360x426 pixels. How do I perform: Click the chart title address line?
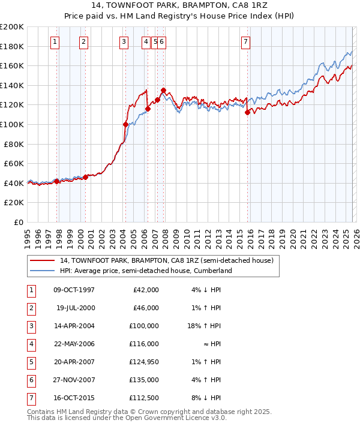click(180, 5)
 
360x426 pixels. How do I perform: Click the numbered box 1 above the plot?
click(55, 41)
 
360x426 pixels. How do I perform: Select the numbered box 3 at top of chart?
click(124, 41)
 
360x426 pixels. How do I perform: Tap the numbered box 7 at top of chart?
click(246, 41)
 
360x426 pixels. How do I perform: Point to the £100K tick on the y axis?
click(12, 124)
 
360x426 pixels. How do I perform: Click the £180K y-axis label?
click(12, 46)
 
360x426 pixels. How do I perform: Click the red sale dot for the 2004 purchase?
click(125, 124)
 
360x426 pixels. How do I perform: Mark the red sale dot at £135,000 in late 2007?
click(163, 90)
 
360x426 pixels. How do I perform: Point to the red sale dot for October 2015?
click(247, 112)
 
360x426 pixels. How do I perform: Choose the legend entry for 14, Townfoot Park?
click(166, 260)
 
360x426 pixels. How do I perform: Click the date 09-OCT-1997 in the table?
click(74, 290)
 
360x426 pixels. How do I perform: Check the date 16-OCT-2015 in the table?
click(74, 398)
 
